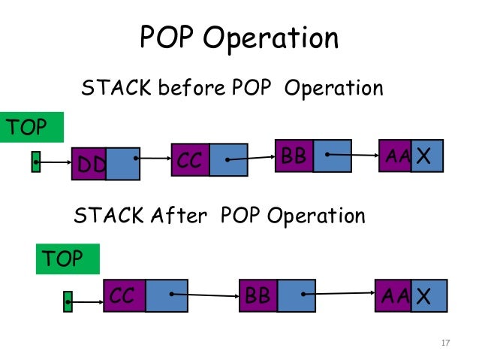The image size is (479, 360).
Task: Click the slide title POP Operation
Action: (x=239, y=38)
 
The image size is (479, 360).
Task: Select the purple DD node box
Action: (x=88, y=165)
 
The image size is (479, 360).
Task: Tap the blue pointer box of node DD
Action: (x=123, y=164)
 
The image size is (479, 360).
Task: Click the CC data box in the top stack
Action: (x=190, y=159)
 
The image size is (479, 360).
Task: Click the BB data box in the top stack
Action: (x=294, y=156)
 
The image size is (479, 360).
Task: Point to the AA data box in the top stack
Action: (x=394, y=156)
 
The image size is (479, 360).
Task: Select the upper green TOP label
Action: (x=32, y=128)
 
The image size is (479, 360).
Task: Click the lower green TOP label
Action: (x=68, y=259)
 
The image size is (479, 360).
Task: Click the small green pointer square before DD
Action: (x=35, y=162)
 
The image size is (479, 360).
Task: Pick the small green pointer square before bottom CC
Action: (x=68, y=301)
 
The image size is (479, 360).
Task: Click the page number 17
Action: (x=444, y=343)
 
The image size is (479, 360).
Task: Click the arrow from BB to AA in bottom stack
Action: (x=339, y=295)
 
